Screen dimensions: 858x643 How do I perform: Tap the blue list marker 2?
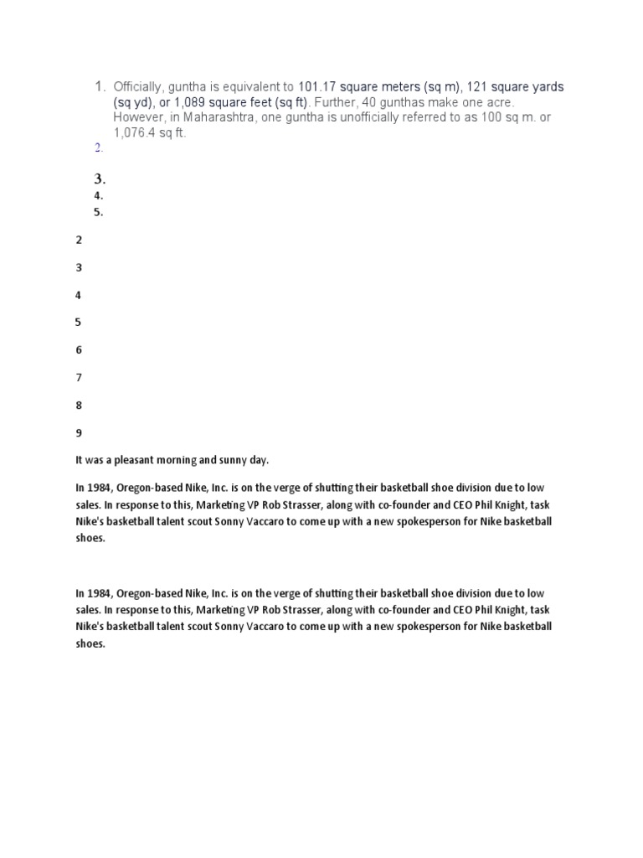pos(98,148)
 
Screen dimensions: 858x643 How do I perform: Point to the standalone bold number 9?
pos(79,433)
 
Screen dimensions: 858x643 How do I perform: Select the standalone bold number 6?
pos(79,350)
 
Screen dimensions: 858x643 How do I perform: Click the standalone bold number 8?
pos(79,406)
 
